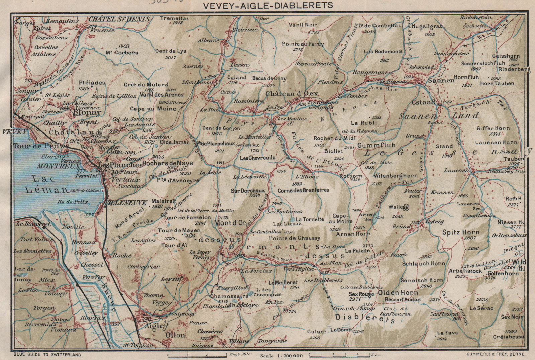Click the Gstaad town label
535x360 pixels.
(x=424, y=102)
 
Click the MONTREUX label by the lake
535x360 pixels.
(x=59, y=166)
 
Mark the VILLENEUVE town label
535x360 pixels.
(x=122, y=203)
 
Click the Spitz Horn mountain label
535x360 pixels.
(x=461, y=232)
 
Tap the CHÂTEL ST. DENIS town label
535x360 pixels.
(x=119, y=19)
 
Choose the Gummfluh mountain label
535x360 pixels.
(x=377, y=146)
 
